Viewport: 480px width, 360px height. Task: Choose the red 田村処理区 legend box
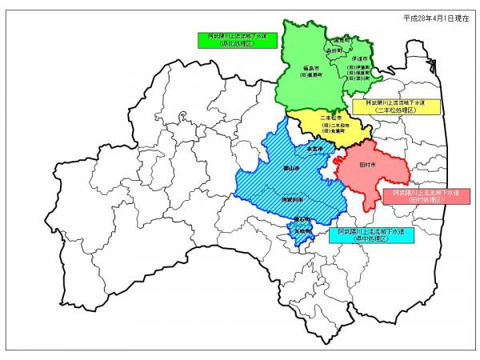click(415, 197)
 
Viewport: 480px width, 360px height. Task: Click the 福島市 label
click(312, 68)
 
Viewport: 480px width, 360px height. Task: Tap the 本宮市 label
click(314, 149)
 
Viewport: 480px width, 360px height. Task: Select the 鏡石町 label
click(300, 218)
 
